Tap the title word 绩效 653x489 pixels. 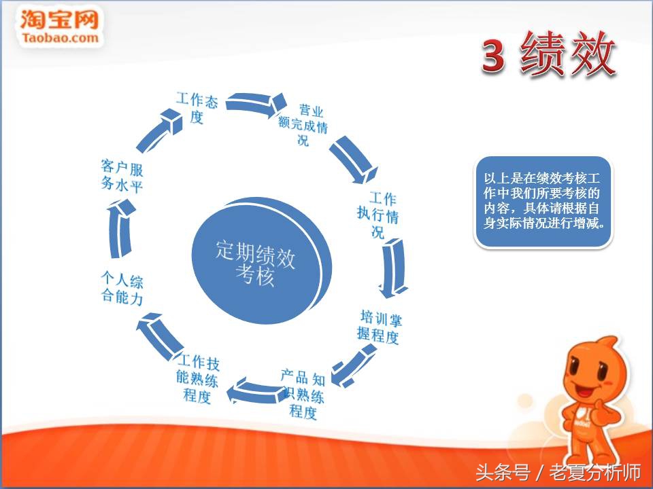click(x=568, y=54)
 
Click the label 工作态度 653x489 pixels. click(x=197, y=107)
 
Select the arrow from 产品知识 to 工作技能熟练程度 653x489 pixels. click(x=252, y=391)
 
